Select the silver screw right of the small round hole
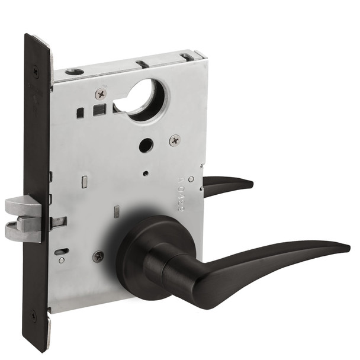175,140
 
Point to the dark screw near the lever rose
98,256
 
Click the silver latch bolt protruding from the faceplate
22,206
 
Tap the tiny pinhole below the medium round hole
146,173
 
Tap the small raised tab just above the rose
117,210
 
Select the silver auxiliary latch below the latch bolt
22,229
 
